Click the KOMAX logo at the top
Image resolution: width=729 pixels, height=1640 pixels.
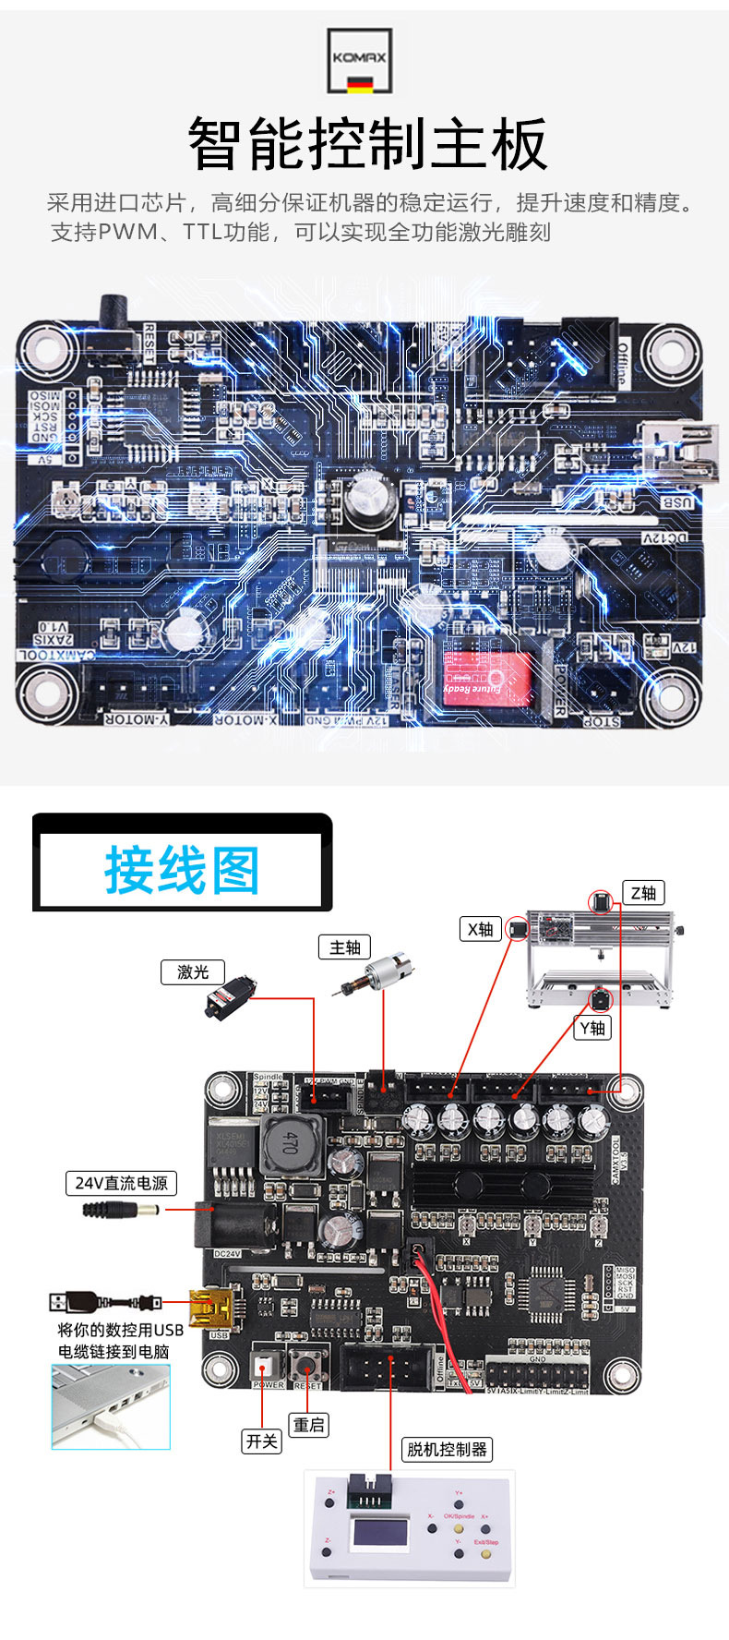point(360,61)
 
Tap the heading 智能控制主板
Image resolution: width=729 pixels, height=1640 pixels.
point(367,144)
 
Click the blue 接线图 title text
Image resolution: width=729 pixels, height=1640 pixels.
point(182,870)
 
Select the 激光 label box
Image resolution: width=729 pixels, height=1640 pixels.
point(193,971)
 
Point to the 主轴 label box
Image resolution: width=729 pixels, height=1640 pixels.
point(344,947)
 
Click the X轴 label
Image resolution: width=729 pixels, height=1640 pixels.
point(480,929)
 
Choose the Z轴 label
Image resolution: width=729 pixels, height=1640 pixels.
point(643,892)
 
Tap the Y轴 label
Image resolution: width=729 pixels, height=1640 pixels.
point(592,1028)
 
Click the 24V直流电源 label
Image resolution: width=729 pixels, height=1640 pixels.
point(121,1183)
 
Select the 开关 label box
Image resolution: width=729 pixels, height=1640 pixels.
point(261,1441)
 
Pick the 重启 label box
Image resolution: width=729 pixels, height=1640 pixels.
point(309,1425)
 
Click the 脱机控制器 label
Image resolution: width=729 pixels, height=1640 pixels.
point(447,1449)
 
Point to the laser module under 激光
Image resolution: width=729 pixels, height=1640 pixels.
point(229,999)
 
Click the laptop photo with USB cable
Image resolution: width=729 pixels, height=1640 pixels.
point(111,1406)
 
